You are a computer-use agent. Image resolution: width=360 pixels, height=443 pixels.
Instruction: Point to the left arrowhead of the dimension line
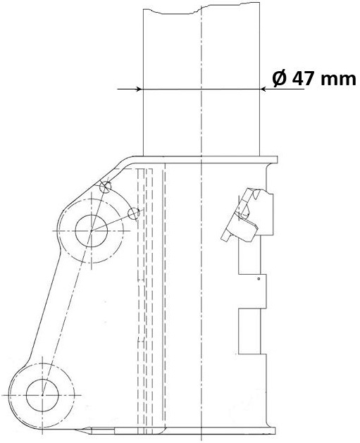coord(138,89)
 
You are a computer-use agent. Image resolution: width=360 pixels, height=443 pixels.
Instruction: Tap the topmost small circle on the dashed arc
coord(106,187)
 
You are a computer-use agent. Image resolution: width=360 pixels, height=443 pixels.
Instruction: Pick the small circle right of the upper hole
coord(135,213)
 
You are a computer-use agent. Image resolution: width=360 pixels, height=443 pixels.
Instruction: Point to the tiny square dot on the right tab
coord(259,280)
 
